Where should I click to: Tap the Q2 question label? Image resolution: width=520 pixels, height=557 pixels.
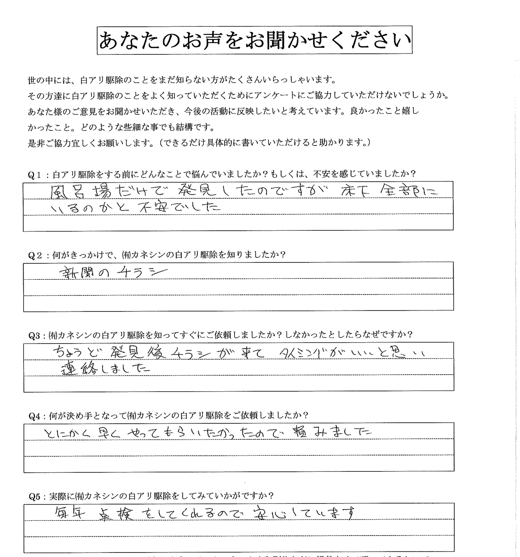click(35, 256)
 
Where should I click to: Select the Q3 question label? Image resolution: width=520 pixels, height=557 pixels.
click(35, 336)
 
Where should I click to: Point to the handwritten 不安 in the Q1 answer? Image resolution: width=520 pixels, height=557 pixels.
click(153, 207)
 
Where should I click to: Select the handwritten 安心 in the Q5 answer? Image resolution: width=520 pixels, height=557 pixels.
click(269, 513)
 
